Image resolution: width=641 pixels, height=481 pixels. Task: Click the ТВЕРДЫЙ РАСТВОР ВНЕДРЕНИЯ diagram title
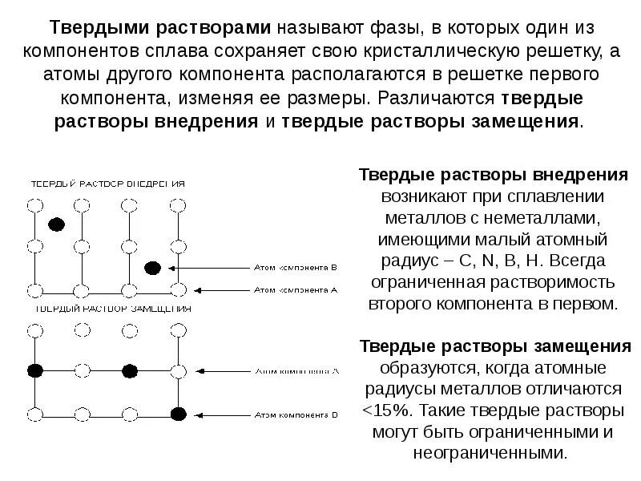(x=108, y=184)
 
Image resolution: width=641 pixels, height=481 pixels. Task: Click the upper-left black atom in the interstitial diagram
(x=56, y=224)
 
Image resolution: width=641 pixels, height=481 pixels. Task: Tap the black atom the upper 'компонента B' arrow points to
(x=152, y=268)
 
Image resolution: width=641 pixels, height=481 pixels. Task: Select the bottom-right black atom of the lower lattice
(x=178, y=414)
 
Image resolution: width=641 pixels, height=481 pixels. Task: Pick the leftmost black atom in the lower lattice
(x=34, y=370)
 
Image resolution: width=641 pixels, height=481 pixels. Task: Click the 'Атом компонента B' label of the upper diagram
(x=296, y=269)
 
